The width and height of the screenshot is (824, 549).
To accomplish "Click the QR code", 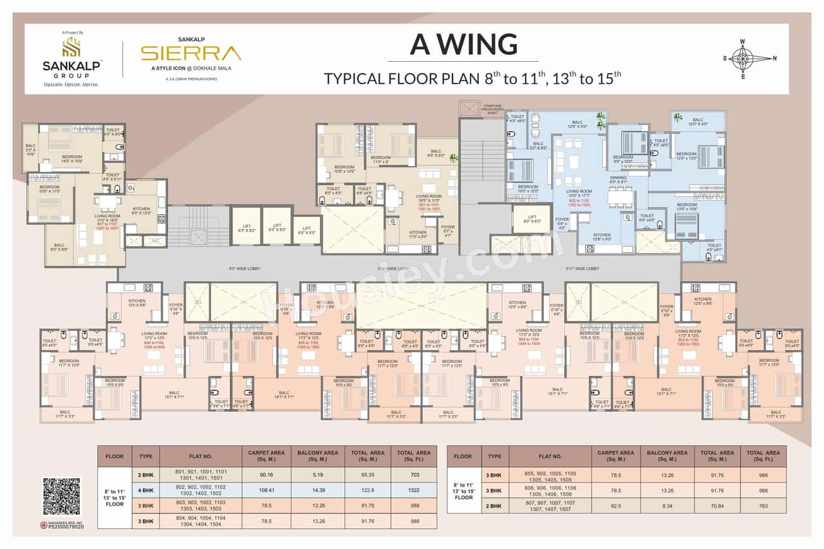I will (62, 497).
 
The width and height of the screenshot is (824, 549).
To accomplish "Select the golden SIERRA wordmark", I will (191, 53).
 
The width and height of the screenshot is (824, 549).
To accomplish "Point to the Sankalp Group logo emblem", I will (71, 46).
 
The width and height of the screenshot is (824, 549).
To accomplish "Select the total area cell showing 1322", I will (414, 490).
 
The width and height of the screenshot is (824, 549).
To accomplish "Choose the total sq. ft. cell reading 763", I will (763, 505).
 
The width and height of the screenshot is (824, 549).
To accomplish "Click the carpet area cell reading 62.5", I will (616, 505).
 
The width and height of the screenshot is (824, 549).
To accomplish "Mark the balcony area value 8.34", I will (668, 505).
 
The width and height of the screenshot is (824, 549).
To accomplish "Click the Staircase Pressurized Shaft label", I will (494, 110).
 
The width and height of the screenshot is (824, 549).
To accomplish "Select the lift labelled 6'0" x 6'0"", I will (306, 230).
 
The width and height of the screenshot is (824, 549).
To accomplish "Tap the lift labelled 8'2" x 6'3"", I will (532, 219).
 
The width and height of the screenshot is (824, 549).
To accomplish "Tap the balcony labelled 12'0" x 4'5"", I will (698, 122).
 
